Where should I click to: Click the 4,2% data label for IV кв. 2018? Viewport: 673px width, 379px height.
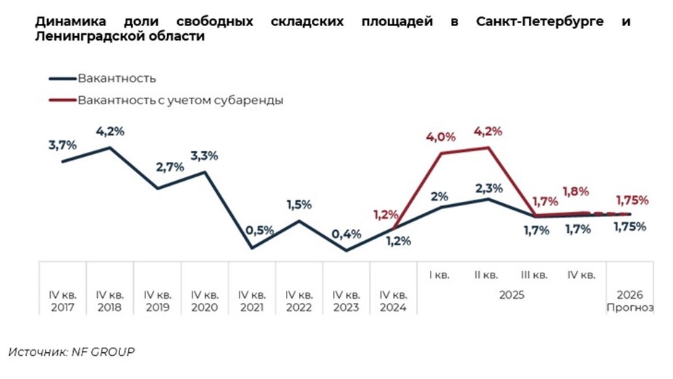click(x=111, y=131)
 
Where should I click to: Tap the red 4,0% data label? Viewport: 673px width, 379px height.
click(x=441, y=137)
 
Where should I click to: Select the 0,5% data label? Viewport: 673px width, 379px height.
click(x=260, y=230)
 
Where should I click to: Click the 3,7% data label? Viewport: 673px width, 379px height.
click(x=62, y=145)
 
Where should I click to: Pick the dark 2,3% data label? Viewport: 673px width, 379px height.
click(x=489, y=188)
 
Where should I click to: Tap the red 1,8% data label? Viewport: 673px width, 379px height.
click(x=575, y=192)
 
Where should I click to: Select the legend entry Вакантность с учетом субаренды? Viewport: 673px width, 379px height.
click(x=180, y=101)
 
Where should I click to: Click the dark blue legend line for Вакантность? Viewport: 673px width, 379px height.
click(x=62, y=79)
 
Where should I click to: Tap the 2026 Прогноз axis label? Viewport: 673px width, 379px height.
click(x=630, y=301)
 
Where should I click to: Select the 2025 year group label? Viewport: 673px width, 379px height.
click(x=512, y=295)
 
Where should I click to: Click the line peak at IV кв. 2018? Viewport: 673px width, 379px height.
click(x=110, y=148)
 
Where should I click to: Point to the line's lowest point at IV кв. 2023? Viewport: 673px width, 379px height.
click(x=346, y=251)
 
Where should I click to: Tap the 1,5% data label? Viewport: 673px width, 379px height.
click(x=298, y=205)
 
